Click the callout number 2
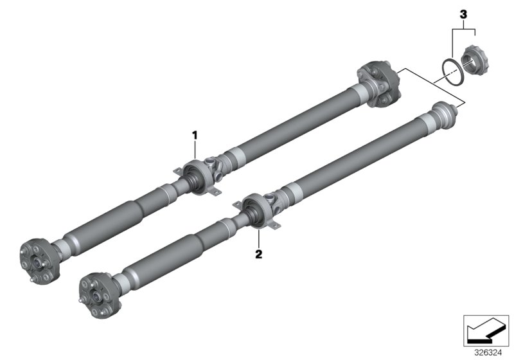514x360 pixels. [x=258, y=254]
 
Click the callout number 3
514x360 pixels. [x=461, y=13]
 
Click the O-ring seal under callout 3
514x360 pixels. [x=453, y=71]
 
